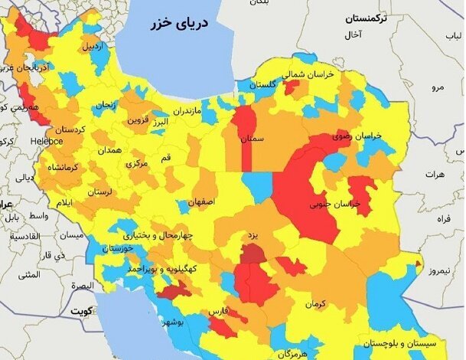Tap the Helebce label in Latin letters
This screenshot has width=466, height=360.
click(x=47, y=141)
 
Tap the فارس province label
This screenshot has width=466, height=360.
click(x=218, y=313)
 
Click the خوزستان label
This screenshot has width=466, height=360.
click(x=121, y=249)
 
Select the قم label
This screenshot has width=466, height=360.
click(x=165, y=156)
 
